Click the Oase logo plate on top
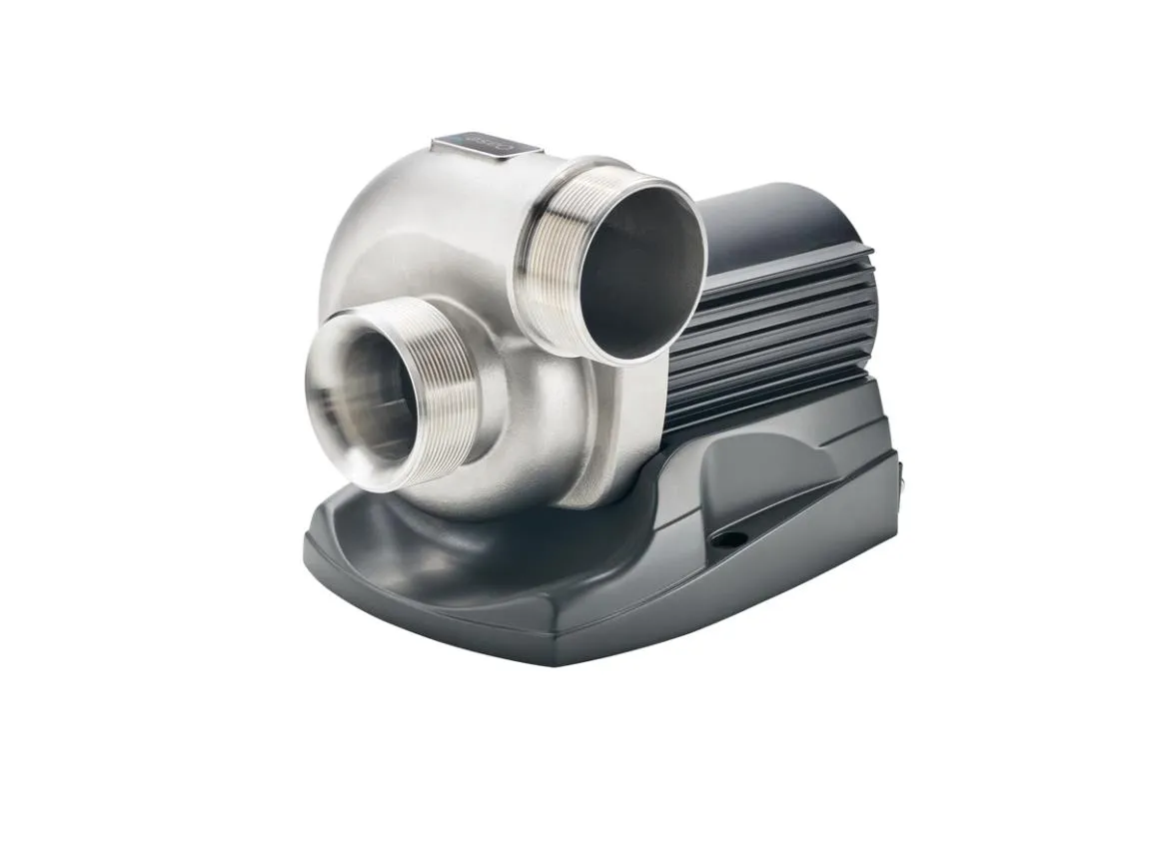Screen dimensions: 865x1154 tap(487, 145)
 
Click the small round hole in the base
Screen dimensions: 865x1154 tap(732, 539)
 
